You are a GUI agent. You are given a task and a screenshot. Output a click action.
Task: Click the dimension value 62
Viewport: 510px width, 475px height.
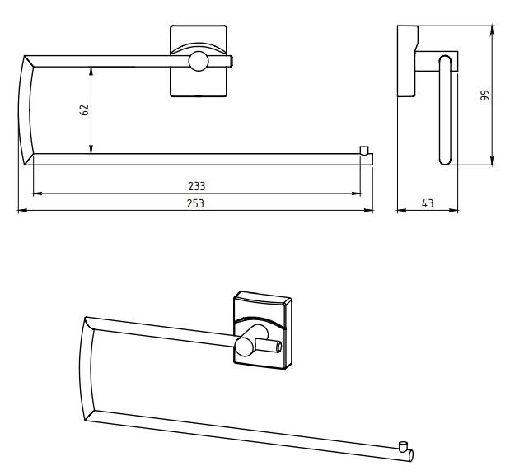pyautogui.click(x=84, y=110)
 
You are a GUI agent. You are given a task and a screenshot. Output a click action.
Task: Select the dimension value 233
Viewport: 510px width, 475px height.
pyautogui.click(x=197, y=186)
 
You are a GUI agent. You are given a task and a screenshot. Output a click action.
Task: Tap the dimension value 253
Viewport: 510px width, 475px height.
pyautogui.click(x=195, y=203)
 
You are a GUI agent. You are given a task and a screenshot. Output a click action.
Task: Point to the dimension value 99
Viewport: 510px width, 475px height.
pyautogui.click(x=484, y=95)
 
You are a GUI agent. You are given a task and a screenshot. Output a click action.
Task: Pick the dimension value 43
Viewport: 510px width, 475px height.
pyautogui.click(x=428, y=203)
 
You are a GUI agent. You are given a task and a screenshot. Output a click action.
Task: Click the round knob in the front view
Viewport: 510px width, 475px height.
pyautogui.click(x=199, y=61)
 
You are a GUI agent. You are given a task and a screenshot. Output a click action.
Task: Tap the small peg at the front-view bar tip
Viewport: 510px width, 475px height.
pyautogui.click(x=364, y=150)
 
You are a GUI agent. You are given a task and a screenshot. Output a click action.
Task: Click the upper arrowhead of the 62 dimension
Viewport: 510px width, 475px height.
pyautogui.click(x=91, y=70)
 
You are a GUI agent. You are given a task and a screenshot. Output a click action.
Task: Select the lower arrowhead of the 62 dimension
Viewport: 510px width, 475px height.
pyautogui.click(x=91, y=150)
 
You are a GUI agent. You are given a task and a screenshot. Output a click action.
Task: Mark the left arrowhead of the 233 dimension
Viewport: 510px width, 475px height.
pyautogui.click(x=38, y=193)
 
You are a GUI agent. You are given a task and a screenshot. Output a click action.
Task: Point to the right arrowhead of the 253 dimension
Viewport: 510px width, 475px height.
pyautogui.click(x=369, y=211)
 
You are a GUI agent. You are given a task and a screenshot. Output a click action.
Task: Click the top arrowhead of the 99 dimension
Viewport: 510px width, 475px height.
pyautogui.click(x=492, y=30)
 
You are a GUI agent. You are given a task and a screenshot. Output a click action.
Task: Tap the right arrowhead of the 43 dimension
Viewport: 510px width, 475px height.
pyautogui.click(x=454, y=211)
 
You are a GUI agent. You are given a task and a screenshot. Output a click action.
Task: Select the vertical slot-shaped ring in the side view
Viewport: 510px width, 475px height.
pyautogui.click(x=445, y=110)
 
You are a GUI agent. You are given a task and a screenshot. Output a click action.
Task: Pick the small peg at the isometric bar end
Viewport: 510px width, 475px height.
pyautogui.click(x=403, y=445)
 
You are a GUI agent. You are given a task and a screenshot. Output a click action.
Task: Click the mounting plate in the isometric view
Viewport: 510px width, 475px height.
pyautogui.click(x=263, y=330)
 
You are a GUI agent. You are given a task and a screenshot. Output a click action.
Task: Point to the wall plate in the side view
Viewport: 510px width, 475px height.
pyautogui.click(x=406, y=61)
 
